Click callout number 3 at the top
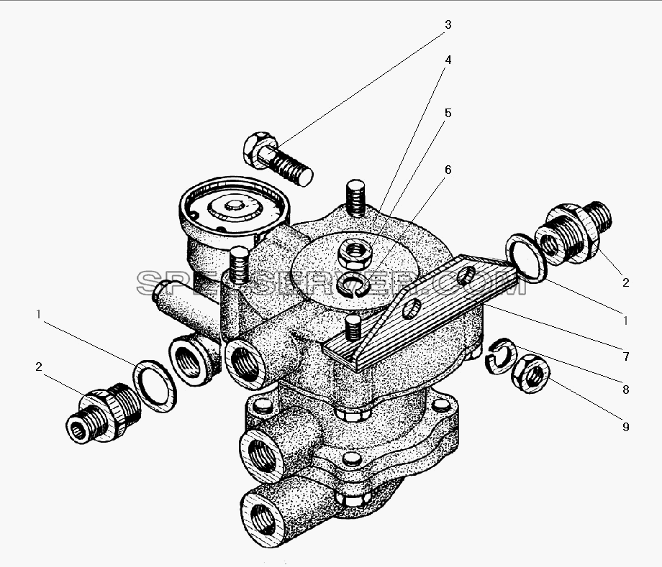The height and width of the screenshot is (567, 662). [448, 25]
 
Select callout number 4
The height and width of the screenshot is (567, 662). [448, 60]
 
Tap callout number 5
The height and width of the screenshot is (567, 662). [448, 113]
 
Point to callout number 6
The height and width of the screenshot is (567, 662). [448, 170]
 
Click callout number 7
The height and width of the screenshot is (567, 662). [626, 356]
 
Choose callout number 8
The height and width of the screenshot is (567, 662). [626, 389]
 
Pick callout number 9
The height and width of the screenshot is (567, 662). [626, 427]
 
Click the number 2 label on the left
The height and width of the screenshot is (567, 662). [38, 367]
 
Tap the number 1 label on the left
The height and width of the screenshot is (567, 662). [38, 314]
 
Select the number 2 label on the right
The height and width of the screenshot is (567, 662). [626, 282]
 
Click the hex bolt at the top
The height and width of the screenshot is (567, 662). [277, 159]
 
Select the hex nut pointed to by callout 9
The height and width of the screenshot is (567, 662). [530, 374]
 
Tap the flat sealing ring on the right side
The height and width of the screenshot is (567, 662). [527, 257]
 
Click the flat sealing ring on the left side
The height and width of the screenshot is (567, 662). [155, 386]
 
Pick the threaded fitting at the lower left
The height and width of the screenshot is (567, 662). [104, 412]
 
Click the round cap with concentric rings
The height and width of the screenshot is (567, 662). [235, 206]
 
